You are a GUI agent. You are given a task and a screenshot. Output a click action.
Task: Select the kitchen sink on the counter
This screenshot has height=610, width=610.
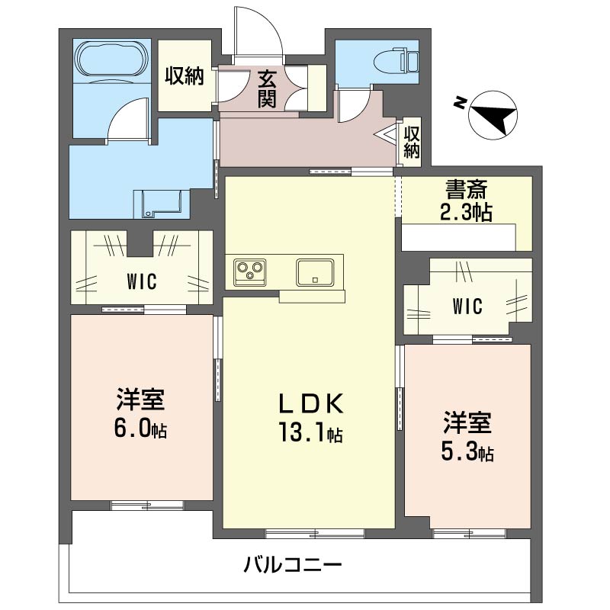[312, 271]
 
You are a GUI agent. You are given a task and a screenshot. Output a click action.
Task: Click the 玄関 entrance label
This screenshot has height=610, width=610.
[266, 88]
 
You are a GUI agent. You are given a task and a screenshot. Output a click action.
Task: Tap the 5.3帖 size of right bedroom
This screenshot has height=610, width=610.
[467, 452]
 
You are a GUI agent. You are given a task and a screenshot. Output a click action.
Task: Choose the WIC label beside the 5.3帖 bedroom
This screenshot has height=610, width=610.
[467, 307]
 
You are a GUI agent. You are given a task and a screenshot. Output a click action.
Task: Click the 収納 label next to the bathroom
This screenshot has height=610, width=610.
[185, 76]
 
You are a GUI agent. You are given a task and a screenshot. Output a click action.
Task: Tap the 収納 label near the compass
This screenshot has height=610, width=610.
[412, 141]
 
